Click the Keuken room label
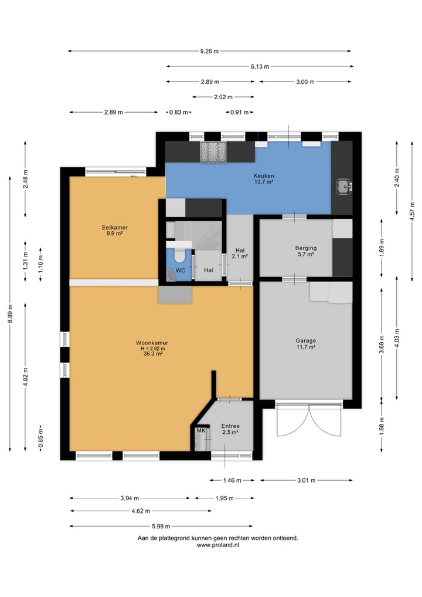(x=264, y=176)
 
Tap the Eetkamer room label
(x=114, y=227)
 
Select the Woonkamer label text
(x=152, y=343)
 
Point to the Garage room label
(x=306, y=340)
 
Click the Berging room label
(x=306, y=248)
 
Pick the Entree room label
(x=230, y=426)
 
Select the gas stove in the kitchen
(x=213, y=152)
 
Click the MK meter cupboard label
(x=200, y=431)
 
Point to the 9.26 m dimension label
(x=209, y=51)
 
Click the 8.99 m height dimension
(x=11, y=313)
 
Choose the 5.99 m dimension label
(x=161, y=526)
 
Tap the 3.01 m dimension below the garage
(x=306, y=480)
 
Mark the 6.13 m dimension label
(x=260, y=66)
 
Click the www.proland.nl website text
(x=218, y=545)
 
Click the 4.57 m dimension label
(x=412, y=211)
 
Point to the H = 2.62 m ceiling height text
(x=152, y=348)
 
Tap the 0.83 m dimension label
(x=178, y=112)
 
